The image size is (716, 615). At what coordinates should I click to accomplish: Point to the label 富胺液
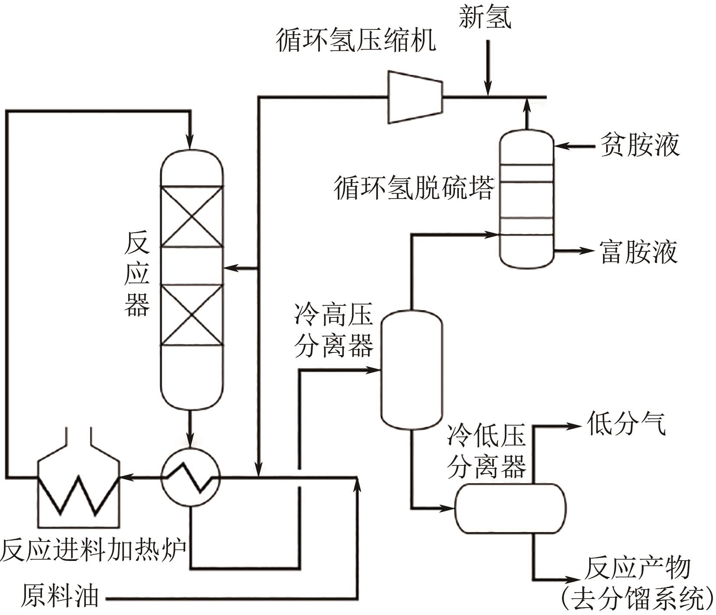[638, 253]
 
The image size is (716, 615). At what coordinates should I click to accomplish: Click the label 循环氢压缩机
[356, 42]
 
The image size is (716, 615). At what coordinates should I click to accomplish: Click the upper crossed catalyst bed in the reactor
[192, 216]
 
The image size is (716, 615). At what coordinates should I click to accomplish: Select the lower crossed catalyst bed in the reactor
[192, 314]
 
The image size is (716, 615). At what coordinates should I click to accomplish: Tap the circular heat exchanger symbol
[190, 477]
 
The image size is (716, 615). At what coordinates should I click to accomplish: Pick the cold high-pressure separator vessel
[411, 370]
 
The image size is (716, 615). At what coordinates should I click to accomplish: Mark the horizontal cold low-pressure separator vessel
[510, 508]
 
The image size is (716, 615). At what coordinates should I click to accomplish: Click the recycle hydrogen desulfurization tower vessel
[526, 199]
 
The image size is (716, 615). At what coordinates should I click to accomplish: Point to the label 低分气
[626, 423]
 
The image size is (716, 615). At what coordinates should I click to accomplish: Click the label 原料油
[60, 596]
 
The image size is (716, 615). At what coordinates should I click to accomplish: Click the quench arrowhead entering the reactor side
[229, 268]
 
